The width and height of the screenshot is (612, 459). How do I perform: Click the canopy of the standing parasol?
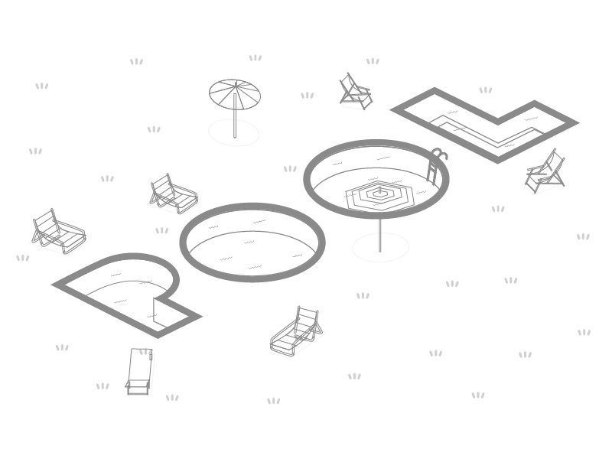[235, 94]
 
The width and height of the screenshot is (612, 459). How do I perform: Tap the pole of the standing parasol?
[235, 122]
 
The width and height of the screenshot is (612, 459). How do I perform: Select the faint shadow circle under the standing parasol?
[234, 133]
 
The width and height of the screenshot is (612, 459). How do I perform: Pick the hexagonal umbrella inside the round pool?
[379, 194]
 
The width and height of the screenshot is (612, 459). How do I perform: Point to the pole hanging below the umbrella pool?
[380, 233]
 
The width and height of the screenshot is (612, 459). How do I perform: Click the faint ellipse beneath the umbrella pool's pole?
[380, 247]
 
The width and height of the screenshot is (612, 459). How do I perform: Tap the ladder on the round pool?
[435, 164]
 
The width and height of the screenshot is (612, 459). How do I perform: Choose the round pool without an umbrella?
[252, 243]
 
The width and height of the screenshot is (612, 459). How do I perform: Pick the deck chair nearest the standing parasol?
[356, 91]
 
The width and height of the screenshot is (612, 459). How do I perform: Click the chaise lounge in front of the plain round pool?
[296, 332]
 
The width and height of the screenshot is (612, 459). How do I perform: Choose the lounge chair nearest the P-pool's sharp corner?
[58, 230]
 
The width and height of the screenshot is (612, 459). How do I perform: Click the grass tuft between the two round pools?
[290, 169]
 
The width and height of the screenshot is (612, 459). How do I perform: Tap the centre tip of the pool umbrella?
[379, 188]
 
